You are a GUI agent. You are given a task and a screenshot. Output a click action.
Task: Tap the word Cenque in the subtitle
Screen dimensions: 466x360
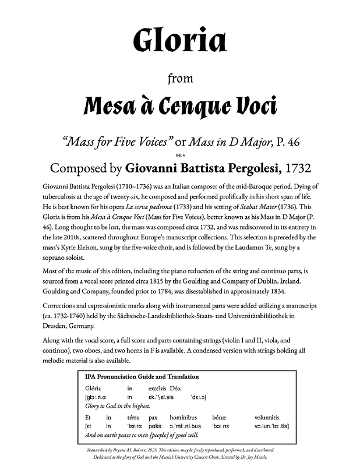(188, 108)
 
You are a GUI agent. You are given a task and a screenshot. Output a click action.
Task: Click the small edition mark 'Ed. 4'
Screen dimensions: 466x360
(179, 154)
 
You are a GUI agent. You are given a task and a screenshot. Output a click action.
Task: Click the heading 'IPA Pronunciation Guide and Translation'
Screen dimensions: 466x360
(142, 377)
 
